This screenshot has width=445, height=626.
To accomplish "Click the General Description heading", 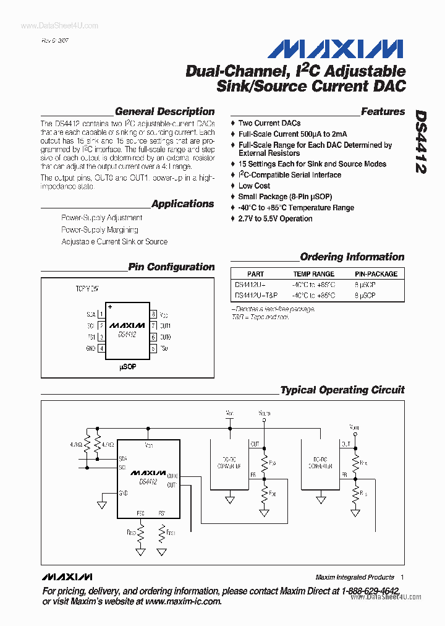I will [164, 112].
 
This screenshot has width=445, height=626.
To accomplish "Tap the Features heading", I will [383, 112].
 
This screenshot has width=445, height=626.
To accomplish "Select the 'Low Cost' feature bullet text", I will [254, 186].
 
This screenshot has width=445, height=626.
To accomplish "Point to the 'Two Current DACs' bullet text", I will [269, 123].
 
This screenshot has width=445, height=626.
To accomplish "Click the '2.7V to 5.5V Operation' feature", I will [275, 218].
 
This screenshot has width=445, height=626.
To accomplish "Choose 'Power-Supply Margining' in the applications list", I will [100, 229].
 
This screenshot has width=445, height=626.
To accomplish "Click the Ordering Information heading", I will [352, 257].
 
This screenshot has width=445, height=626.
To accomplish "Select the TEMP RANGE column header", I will [313, 273].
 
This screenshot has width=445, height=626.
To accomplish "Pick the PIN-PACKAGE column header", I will [376, 273].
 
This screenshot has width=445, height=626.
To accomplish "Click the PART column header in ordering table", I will [255, 273].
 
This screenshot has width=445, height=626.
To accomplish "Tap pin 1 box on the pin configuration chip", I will [101, 314].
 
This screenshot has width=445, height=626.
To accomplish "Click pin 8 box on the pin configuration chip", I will [153, 314].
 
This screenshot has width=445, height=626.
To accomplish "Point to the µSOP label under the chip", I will [127, 367].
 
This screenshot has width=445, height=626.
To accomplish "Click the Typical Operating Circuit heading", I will [342, 390].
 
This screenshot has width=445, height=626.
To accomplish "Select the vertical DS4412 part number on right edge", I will [421, 142].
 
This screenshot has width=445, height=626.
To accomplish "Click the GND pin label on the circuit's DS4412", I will [124, 493].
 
